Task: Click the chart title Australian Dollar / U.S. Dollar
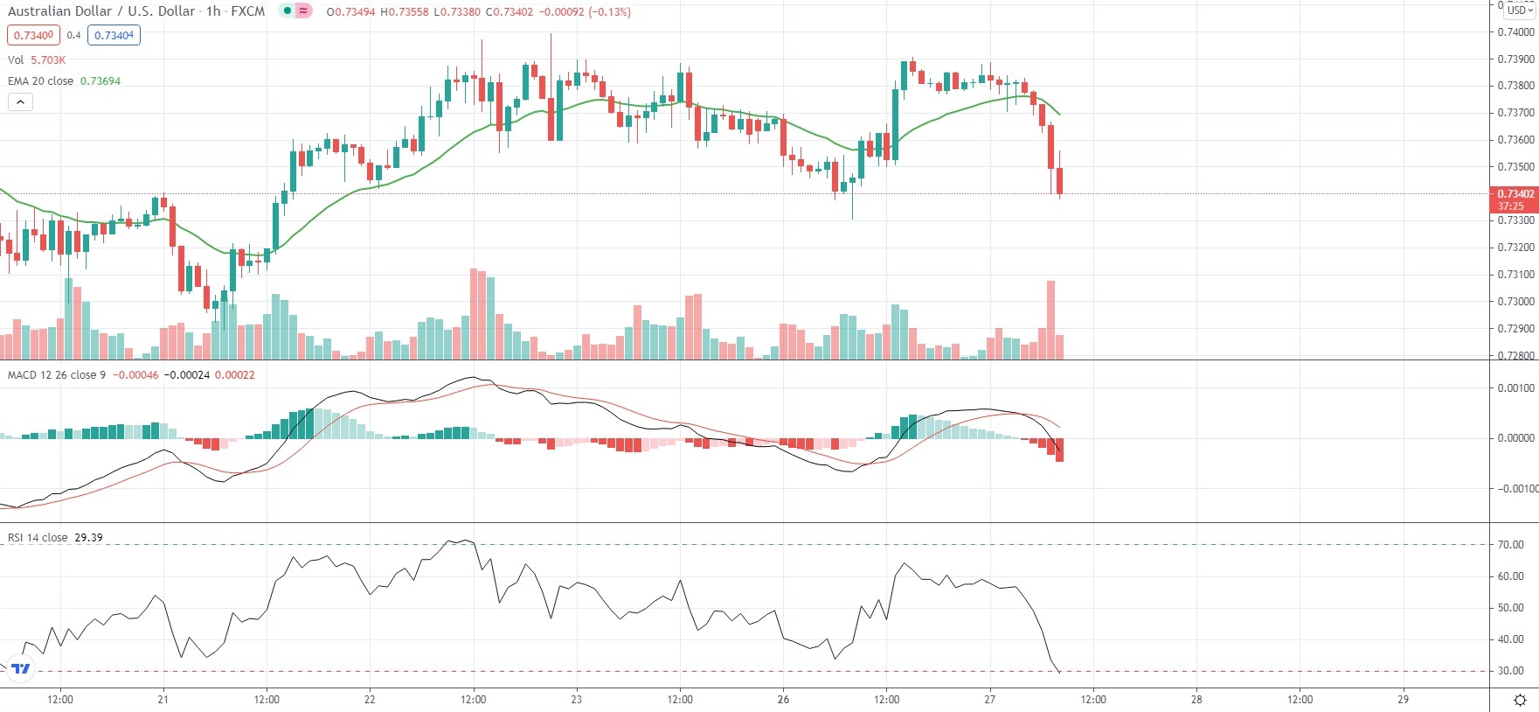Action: (x=101, y=11)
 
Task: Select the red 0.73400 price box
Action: (x=34, y=35)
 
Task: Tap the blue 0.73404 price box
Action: (x=114, y=35)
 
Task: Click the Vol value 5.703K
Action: (x=48, y=59)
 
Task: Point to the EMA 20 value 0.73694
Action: (x=101, y=80)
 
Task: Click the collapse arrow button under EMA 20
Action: (x=20, y=101)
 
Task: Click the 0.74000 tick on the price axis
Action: (x=1515, y=32)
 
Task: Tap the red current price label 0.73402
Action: (x=1515, y=194)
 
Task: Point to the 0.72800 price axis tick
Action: (x=1515, y=355)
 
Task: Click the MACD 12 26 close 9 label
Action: (x=57, y=375)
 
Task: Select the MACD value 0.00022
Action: (x=235, y=375)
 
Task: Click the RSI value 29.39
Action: (x=88, y=538)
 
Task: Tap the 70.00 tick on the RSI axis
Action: (x=1510, y=544)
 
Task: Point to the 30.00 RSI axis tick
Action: (x=1510, y=671)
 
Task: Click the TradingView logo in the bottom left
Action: (x=21, y=669)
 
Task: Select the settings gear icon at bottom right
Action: (x=1520, y=700)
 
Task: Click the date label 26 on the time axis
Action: (x=783, y=699)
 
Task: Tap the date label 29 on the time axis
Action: (x=1403, y=699)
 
